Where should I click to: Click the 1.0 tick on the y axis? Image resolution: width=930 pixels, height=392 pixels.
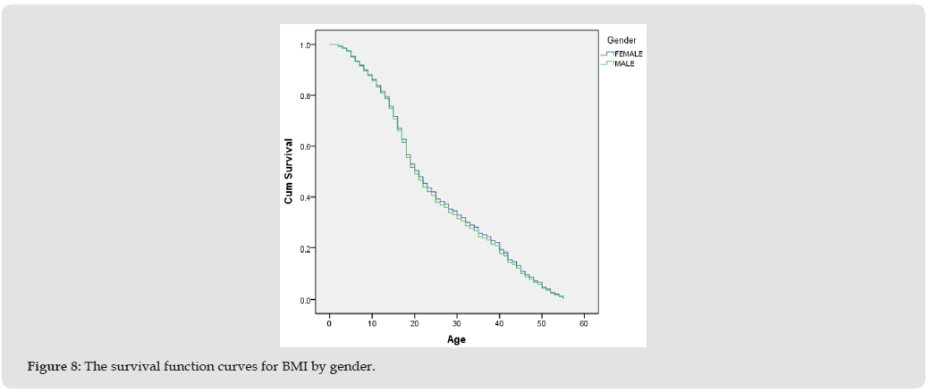coord(307,45)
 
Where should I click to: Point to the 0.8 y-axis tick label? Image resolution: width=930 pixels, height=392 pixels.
coord(307,96)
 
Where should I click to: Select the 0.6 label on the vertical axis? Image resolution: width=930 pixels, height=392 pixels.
coord(307,146)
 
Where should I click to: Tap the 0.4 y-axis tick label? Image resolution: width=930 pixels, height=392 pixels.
coord(307,197)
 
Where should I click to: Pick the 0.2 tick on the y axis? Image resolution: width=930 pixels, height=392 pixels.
coord(307,248)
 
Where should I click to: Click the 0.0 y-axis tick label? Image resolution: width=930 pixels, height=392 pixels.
coord(307,300)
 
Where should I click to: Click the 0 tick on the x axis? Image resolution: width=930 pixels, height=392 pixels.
coord(330,322)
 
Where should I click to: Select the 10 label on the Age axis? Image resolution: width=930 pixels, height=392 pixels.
coord(372,322)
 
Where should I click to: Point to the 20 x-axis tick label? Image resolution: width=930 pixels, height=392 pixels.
coord(414,322)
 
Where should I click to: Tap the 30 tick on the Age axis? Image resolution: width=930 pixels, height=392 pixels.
coord(457,322)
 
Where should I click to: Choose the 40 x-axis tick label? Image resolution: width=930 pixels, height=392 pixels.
coord(499,322)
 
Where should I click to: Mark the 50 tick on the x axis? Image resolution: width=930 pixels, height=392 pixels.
coord(541,322)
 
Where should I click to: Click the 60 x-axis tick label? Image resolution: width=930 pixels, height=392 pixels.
coord(583,322)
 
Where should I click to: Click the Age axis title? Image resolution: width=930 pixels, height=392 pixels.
coord(456,339)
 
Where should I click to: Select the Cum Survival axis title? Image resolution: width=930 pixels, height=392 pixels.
coord(289,171)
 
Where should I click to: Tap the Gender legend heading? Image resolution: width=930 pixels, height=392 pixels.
coord(621,40)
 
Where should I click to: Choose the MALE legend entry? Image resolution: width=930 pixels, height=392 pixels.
coord(624,63)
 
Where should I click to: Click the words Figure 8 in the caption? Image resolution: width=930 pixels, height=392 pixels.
coord(53,368)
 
